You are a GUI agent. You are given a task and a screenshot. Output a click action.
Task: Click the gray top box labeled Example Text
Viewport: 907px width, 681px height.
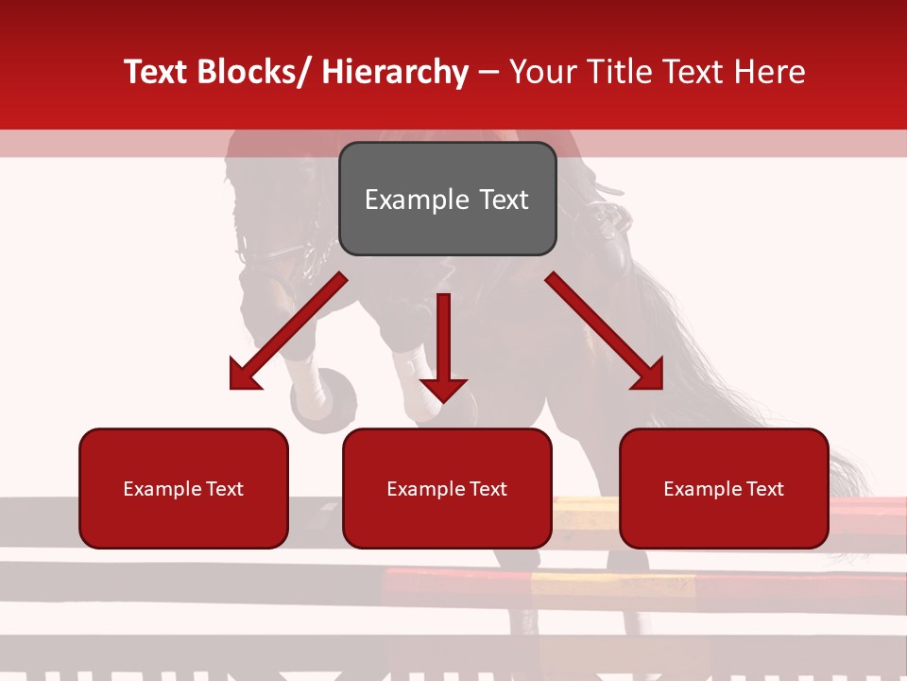point(447,199)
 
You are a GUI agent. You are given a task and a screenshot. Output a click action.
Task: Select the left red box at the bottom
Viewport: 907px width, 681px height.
point(183,488)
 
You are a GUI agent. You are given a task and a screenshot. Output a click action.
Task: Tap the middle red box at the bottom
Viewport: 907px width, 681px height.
point(447,488)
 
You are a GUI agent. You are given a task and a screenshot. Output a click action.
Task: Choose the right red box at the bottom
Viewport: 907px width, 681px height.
point(724,488)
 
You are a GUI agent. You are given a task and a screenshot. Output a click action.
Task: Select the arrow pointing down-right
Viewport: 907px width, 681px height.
point(605,331)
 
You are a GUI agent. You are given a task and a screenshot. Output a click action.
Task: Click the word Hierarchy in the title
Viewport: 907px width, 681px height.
point(395,72)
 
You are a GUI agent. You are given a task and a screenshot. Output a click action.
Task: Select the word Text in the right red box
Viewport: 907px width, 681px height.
point(764,488)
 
